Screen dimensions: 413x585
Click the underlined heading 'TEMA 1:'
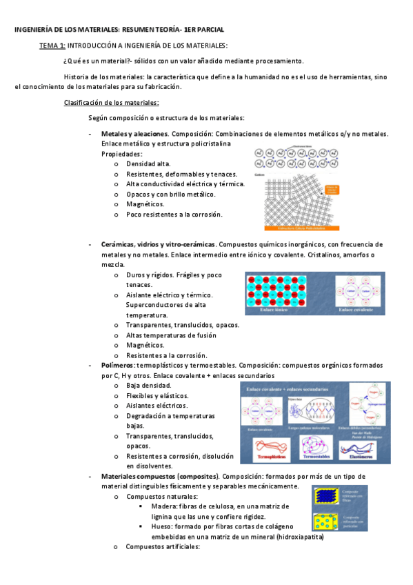52,45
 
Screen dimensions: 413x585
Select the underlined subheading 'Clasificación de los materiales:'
111,103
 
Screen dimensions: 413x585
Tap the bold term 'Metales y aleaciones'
134,133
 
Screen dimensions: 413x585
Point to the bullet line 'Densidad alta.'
148,164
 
